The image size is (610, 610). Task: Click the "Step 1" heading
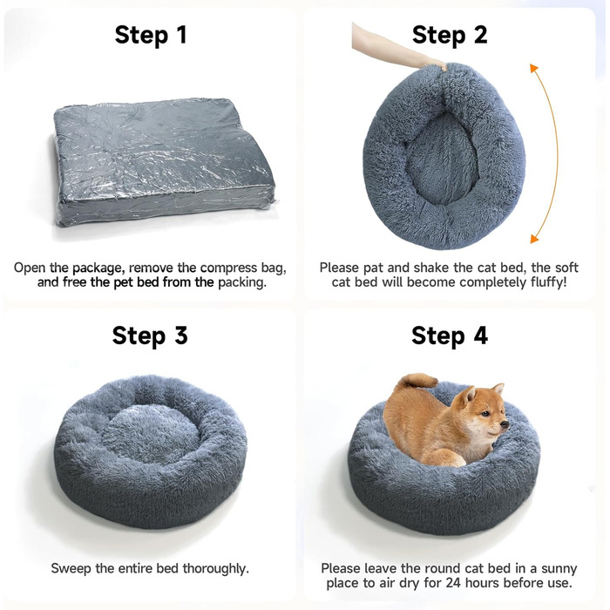click(151, 35)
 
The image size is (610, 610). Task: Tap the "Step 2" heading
click(450, 35)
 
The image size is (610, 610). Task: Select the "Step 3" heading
click(150, 335)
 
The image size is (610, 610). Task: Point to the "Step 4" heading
click(450, 335)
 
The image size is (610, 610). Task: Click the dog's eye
click(485, 413)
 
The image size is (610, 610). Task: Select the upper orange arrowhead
click(533, 69)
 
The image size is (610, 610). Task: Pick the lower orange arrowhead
click(534, 239)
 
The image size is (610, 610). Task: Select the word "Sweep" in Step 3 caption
click(71, 569)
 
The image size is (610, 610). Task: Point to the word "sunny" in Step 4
click(559, 569)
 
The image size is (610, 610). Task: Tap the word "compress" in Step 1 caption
click(228, 268)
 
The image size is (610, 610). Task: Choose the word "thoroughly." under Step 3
click(216, 569)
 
